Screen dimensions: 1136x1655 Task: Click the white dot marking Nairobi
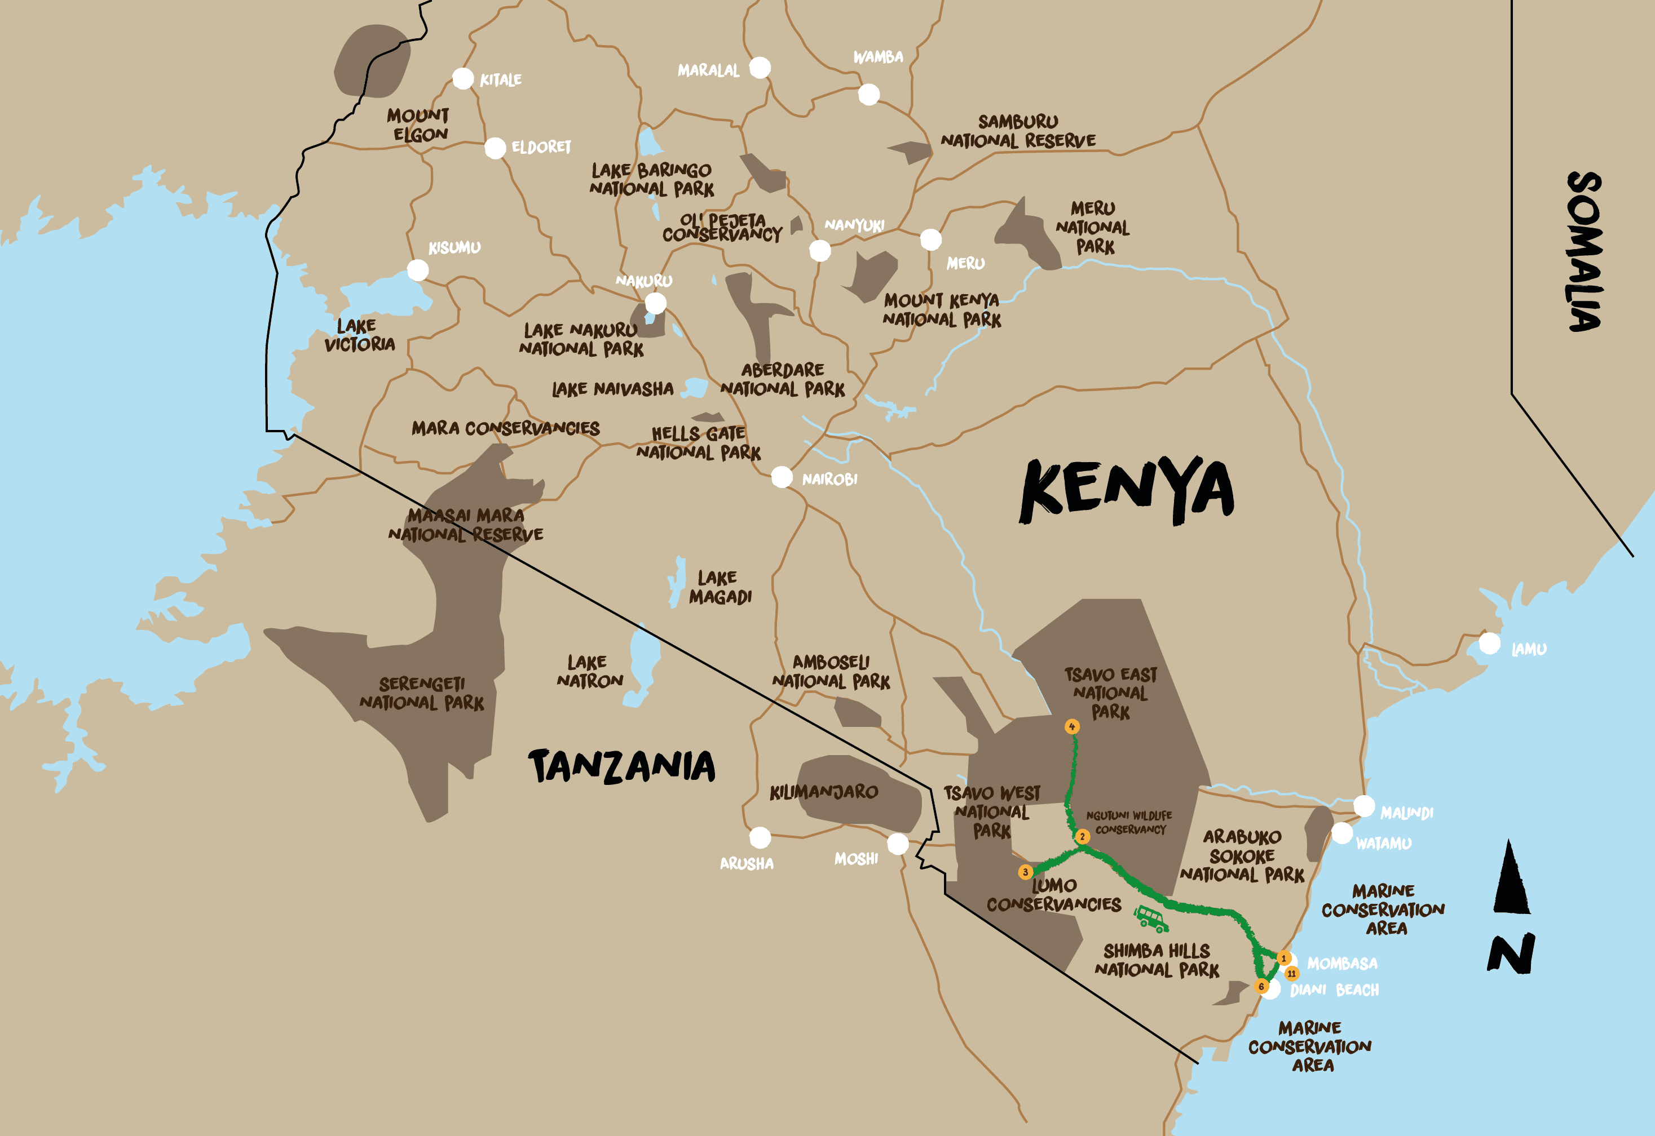[x=782, y=476]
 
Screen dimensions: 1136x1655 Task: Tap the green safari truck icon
[x=1150, y=918]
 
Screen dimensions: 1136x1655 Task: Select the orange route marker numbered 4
[x=1072, y=727]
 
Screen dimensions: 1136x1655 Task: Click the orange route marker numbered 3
[x=1026, y=872]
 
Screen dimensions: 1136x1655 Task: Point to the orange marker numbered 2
[x=1082, y=836]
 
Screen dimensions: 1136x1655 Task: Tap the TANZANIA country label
[x=622, y=766]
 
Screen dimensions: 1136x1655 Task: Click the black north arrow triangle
[x=1511, y=878]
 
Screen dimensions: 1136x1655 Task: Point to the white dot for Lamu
[x=1489, y=644]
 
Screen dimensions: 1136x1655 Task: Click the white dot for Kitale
[x=463, y=78]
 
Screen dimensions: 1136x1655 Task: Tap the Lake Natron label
[x=590, y=671]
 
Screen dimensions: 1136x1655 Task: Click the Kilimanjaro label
[x=824, y=792]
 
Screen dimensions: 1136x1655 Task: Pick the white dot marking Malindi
[x=1363, y=806]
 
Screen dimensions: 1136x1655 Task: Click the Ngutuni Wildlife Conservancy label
[x=1129, y=822]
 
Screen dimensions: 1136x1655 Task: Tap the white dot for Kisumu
[x=417, y=270]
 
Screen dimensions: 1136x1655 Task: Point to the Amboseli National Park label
[x=831, y=672]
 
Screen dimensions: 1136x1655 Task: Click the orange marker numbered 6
[x=1261, y=987]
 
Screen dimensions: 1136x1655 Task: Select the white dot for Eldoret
[x=495, y=148]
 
